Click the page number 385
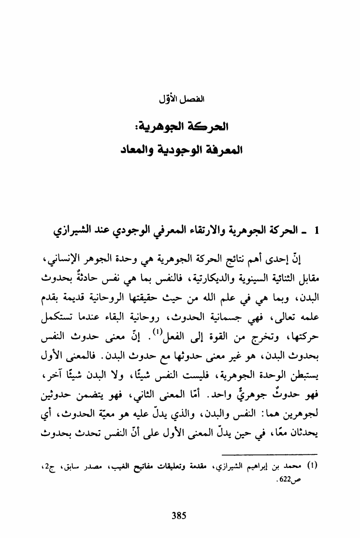[180, 514]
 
